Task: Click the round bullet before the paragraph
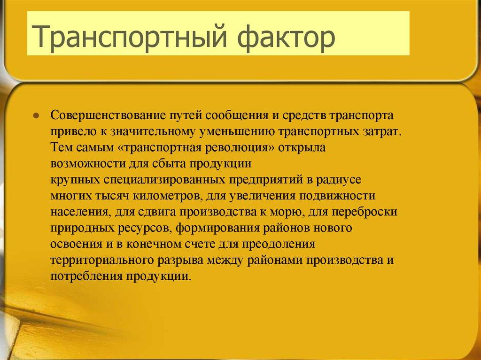pos(36,116)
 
